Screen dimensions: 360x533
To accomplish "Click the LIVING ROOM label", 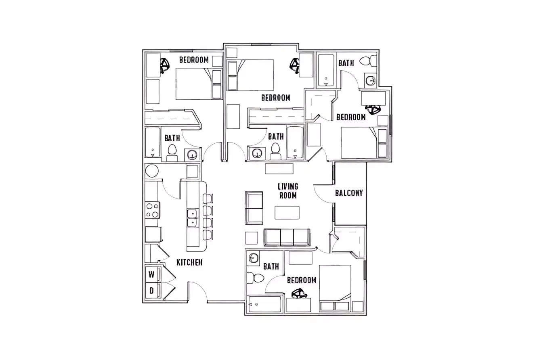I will tap(287, 191).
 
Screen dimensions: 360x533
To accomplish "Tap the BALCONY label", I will tap(349, 193).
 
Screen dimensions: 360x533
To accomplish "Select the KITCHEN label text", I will tap(189, 262).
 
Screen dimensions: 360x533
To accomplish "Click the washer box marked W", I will tap(152, 274).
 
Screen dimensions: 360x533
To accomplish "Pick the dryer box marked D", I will tap(152, 290).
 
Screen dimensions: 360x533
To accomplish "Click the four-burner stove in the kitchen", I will tap(153, 210).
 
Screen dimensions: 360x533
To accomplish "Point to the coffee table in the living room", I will tap(287, 212).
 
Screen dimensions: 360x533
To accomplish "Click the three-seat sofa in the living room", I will tap(287, 237).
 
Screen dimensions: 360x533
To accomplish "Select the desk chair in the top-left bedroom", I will tap(165, 65).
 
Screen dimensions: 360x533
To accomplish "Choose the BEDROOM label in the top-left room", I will tap(194, 60).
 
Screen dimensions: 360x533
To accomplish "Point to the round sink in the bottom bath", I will tap(254, 258).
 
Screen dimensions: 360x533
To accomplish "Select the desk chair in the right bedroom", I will tap(373, 109).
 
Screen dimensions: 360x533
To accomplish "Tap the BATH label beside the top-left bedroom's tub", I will tap(172, 138).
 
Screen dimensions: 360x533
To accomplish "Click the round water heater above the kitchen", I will tap(152, 171).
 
